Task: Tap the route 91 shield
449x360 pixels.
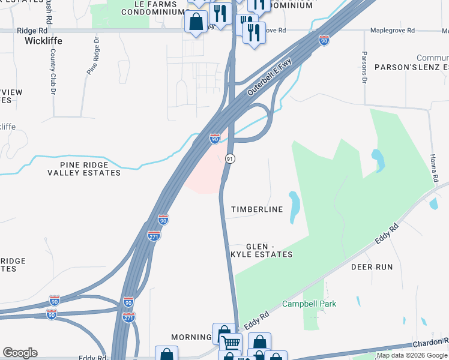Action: pyautogui.click(x=230, y=158)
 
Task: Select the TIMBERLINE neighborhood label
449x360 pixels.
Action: pyautogui.click(x=257, y=209)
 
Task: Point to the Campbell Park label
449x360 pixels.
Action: pyautogui.click(x=310, y=304)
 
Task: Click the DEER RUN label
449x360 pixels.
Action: pyautogui.click(x=371, y=266)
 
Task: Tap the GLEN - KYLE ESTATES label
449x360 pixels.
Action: pyautogui.click(x=269, y=251)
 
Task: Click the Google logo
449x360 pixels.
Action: pyautogui.click(x=20, y=353)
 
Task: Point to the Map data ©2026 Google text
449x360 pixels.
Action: pyautogui.click(x=412, y=355)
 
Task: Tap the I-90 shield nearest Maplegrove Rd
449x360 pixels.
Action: pyautogui.click(x=324, y=40)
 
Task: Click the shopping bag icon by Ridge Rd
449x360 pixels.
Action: pyautogui.click(x=196, y=23)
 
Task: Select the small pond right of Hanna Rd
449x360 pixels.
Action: pyautogui.click(x=433, y=204)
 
